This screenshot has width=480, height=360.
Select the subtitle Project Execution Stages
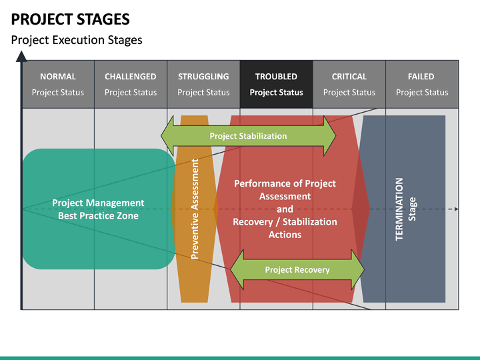tap(77, 40)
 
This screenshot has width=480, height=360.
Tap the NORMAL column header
tap(58, 84)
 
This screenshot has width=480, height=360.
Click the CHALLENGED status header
tap(131, 84)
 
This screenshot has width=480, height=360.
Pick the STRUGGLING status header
tap(203, 84)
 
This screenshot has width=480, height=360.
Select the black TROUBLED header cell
tap(276, 84)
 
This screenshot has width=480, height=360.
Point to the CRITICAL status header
tap(349, 84)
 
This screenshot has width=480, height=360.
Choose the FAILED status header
tap(421, 84)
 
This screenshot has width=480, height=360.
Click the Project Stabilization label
tap(248, 136)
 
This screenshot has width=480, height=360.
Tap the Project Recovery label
tap(297, 270)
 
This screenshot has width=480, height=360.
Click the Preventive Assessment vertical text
tap(195, 209)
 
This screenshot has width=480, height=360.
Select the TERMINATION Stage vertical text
tap(405, 209)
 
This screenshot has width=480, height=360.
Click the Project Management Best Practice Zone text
tap(98, 209)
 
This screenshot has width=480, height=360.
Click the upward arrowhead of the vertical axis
tap(21, 59)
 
